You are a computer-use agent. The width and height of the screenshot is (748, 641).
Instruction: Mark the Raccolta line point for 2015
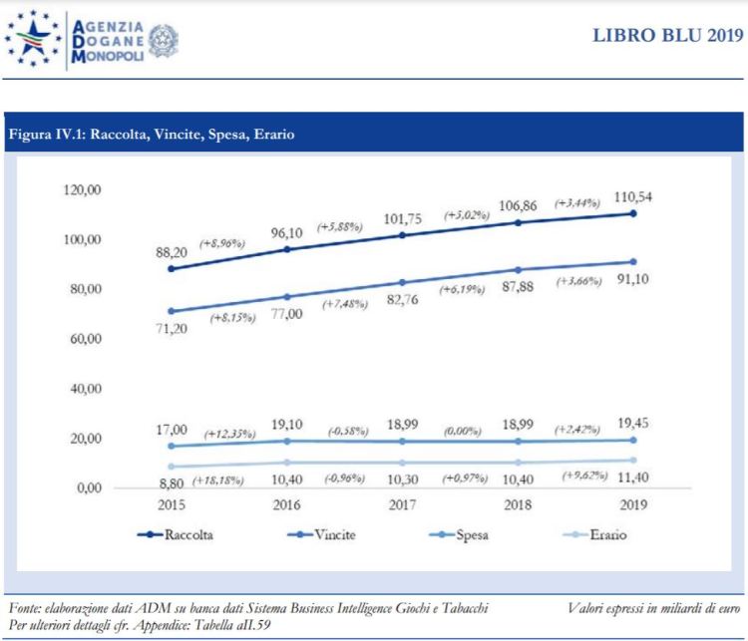click(172, 269)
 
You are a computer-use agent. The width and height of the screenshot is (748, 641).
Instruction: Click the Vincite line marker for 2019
click(633, 262)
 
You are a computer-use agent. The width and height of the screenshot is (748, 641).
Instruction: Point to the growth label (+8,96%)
click(225, 242)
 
